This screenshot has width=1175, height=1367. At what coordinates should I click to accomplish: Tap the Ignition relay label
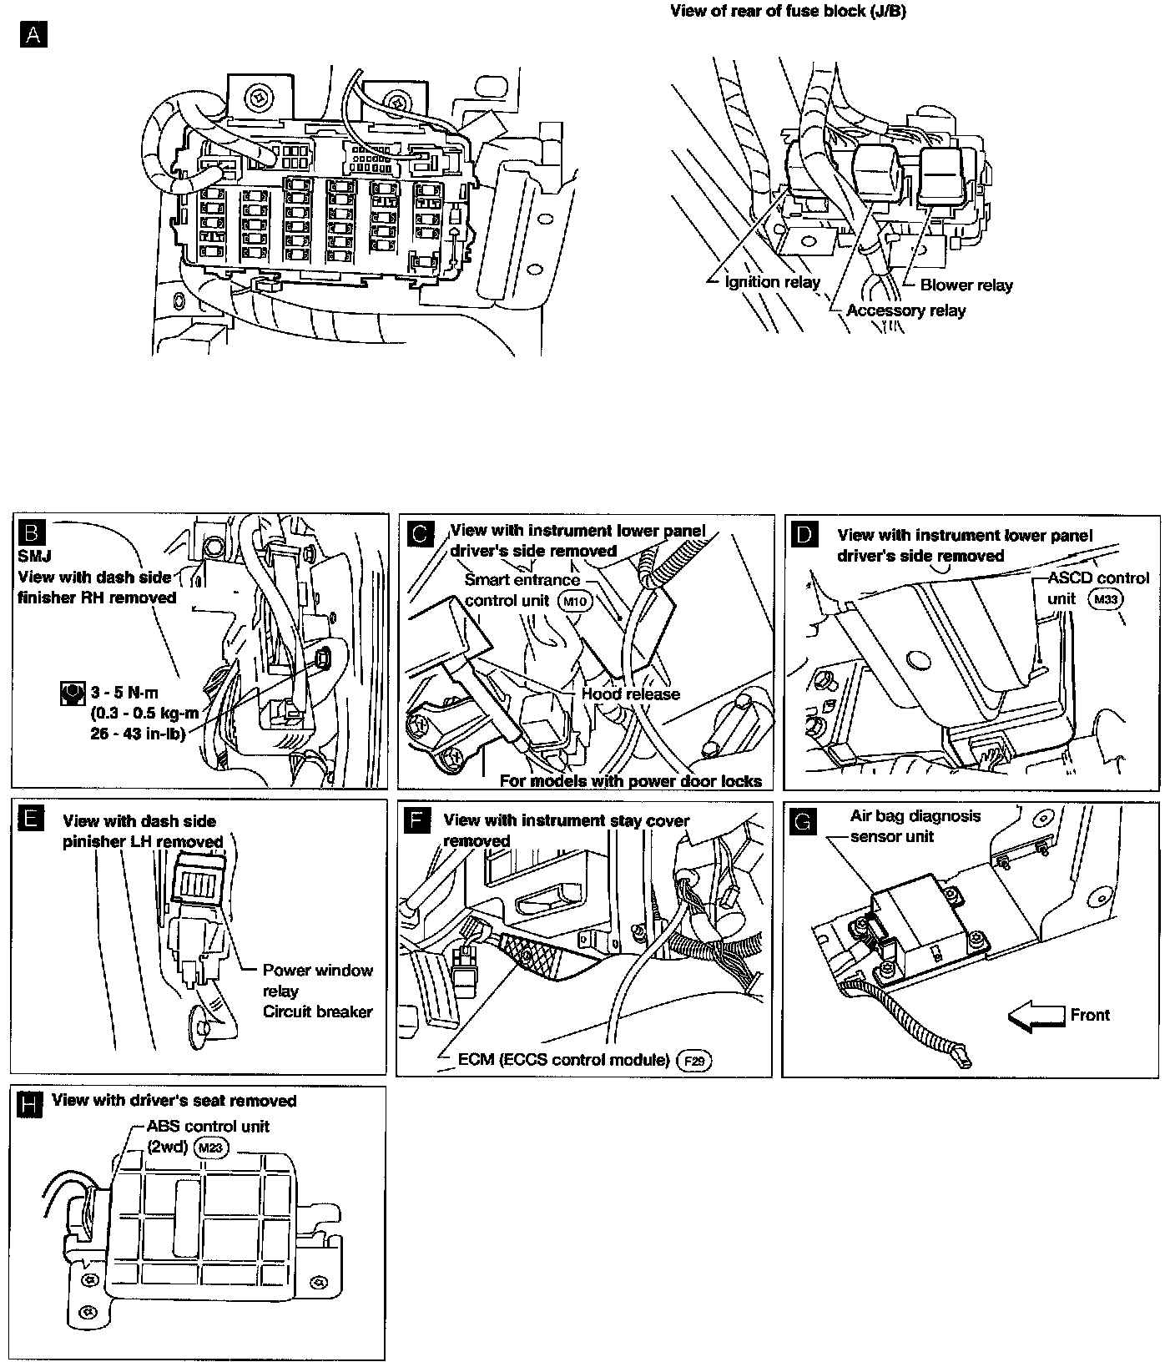772,282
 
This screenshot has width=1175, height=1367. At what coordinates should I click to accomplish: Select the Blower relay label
966,285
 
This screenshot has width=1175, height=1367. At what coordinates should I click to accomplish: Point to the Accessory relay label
905,310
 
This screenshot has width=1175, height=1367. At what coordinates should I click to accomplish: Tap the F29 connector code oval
693,1061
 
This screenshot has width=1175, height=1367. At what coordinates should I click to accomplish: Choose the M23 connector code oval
210,1148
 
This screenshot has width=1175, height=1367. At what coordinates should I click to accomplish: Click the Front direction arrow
1035,1016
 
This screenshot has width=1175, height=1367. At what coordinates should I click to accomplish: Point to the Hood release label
630,694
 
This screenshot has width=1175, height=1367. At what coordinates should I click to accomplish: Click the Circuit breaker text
317,1011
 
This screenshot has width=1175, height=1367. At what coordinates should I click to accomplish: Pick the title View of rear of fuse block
788,13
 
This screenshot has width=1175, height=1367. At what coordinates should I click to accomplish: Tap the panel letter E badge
29,820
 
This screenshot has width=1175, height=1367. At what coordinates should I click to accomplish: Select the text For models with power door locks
630,781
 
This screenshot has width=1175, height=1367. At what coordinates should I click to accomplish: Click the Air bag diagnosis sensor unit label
915,825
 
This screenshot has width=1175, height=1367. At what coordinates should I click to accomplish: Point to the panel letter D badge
803,535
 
